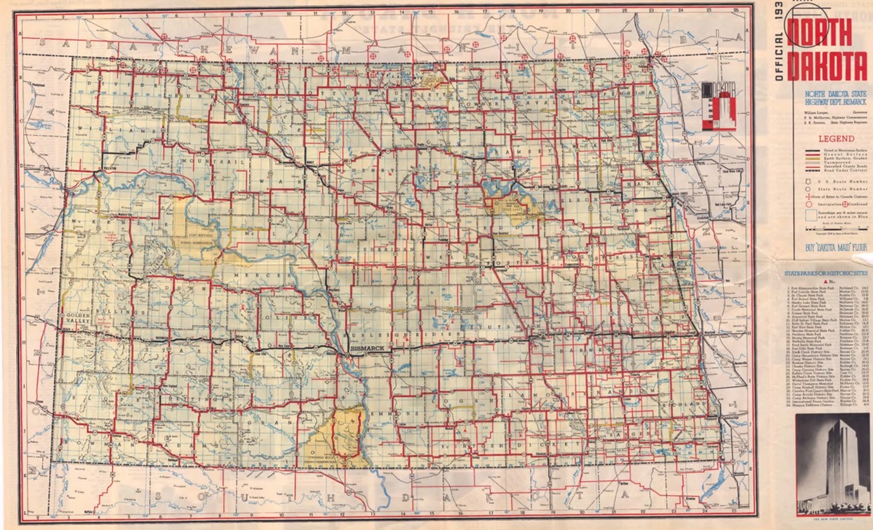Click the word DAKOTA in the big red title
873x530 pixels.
pos(827,67)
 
